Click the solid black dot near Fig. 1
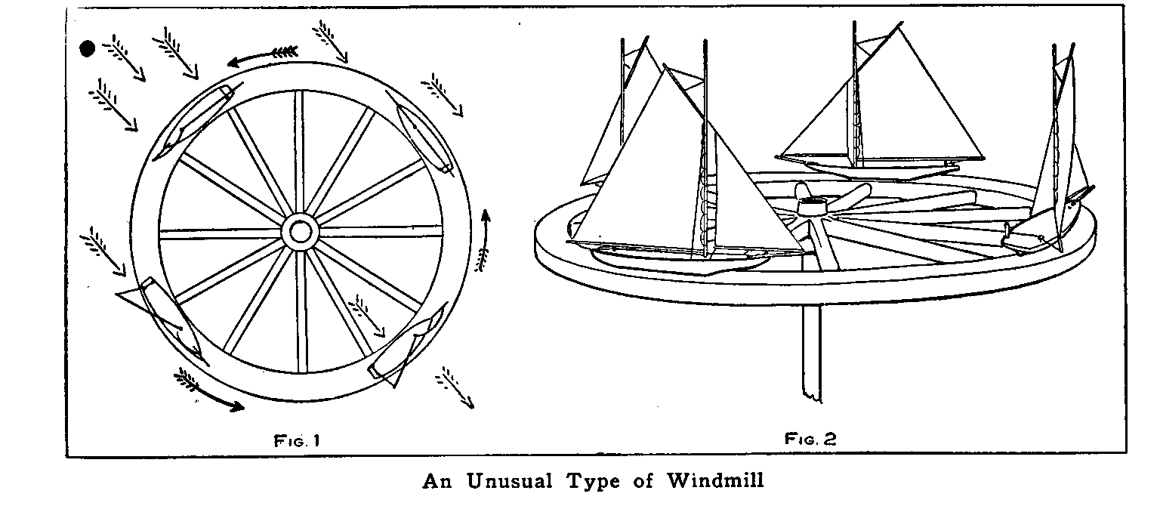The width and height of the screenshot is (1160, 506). click(88, 49)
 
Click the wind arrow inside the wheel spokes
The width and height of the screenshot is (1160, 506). click(367, 317)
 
